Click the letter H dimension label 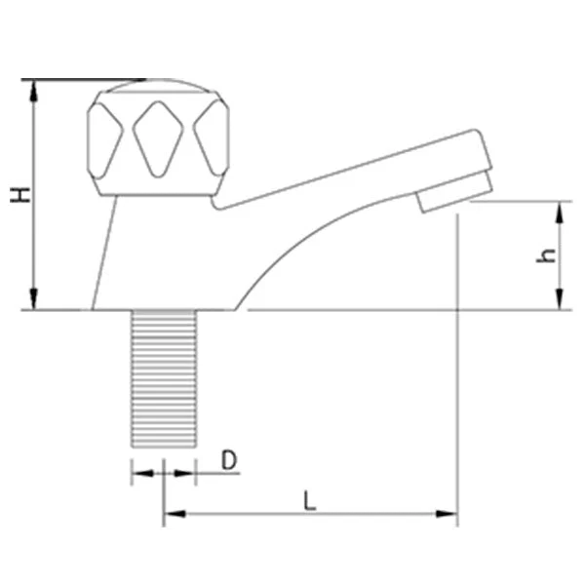20,196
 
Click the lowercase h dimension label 545,255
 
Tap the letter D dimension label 229,460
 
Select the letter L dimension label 310,501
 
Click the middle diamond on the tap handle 158,138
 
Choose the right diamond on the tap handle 212,138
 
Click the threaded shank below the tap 164,378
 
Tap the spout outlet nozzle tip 454,192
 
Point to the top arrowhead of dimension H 34,91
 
